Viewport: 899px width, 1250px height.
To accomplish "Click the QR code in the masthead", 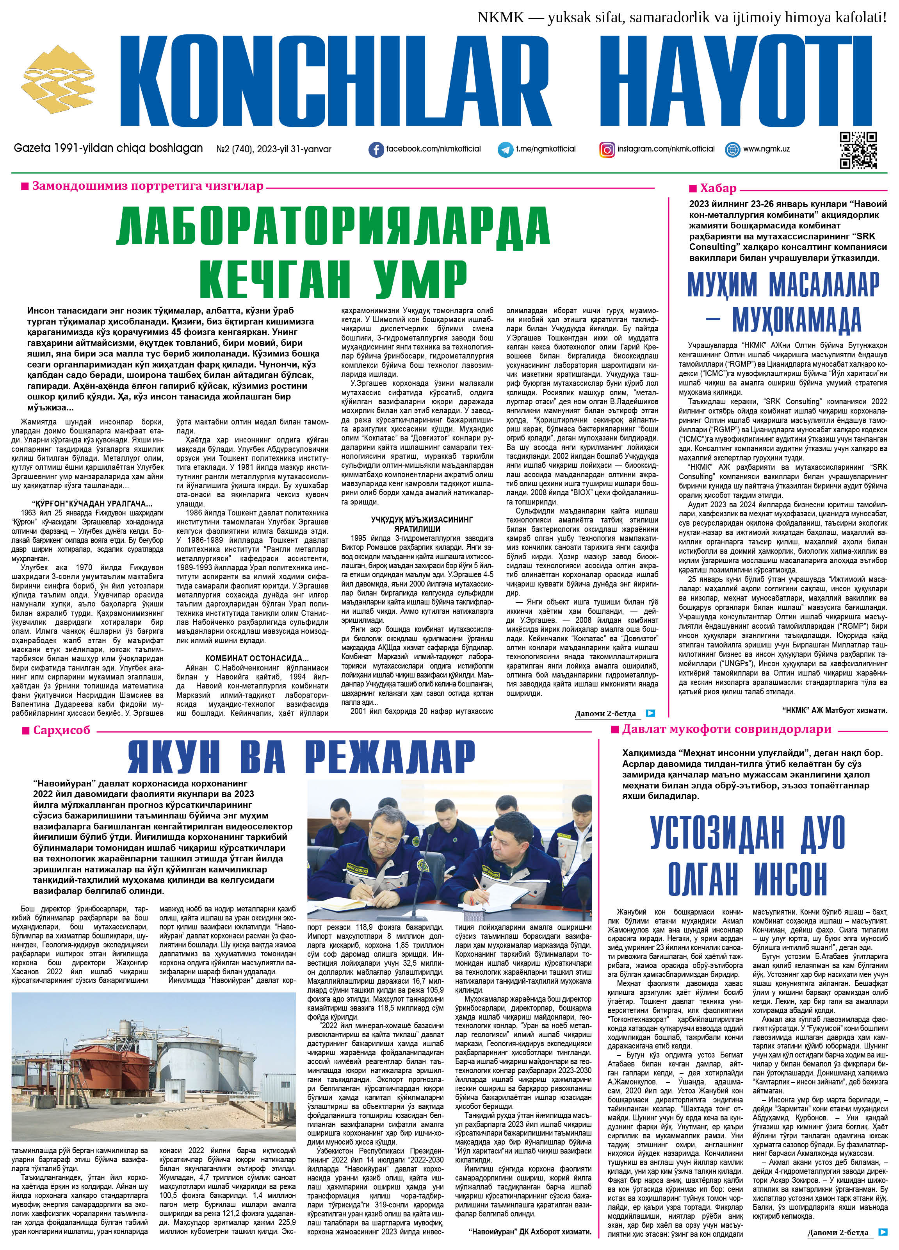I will pos(858,150).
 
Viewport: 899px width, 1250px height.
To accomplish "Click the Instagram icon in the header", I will pos(607,149).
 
